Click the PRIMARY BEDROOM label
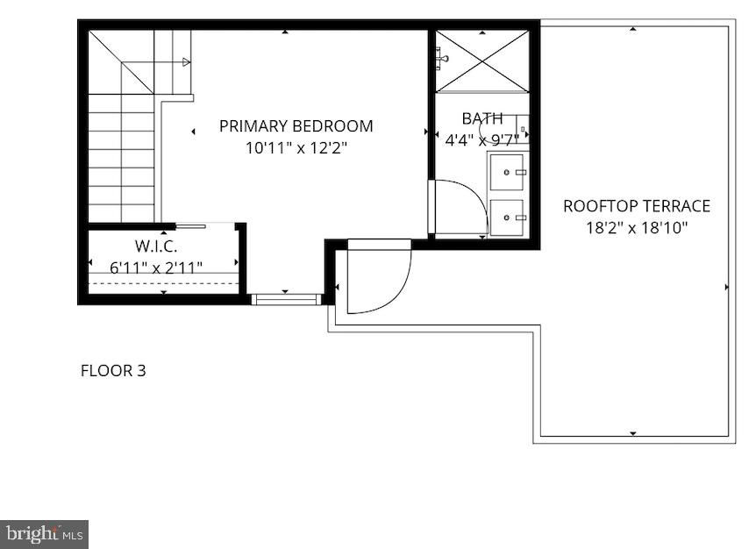click(x=296, y=126)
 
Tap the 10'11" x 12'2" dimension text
click(x=296, y=147)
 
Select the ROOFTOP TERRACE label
click(x=637, y=206)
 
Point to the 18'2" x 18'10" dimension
click(x=637, y=227)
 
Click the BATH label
click(x=482, y=118)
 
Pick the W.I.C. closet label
click(x=156, y=246)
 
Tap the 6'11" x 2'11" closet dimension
click(x=156, y=267)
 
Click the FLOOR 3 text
click(x=113, y=371)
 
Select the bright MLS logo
click(x=45, y=534)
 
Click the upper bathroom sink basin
click(x=507, y=172)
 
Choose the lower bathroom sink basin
click(x=507, y=217)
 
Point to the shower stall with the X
click(x=482, y=61)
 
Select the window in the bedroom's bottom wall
click(x=287, y=299)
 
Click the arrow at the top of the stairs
click(x=186, y=61)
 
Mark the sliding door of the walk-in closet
click(x=190, y=226)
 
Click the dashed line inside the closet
click(x=164, y=283)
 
